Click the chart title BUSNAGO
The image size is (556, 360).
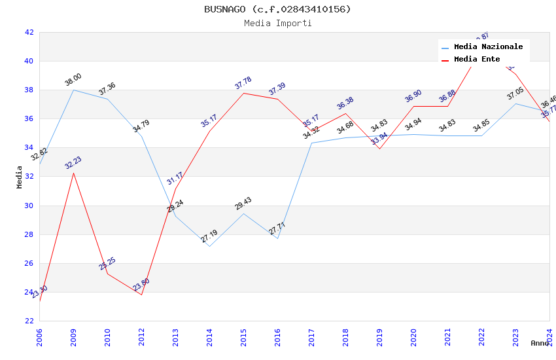pyautogui.click(x=277, y=9)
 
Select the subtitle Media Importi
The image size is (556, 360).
pyautogui.click(x=277, y=24)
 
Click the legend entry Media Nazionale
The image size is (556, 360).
pyautogui.click(x=488, y=47)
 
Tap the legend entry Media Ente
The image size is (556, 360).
pyautogui.click(x=477, y=60)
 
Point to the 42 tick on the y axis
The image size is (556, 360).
pyautogui.click(x=29, y=32)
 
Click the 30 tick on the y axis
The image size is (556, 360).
pyautogui.click(x=29, y=206)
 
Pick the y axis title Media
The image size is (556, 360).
pyautogui.click(x=20, y=177)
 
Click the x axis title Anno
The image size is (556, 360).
pyautogui.click(x=540, y=343)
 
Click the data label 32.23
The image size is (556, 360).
pyautogui.click(x=73, y=163)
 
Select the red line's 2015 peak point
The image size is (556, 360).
pyautogui.click(x=243, y=93)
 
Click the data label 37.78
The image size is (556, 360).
pyautogui.click(x=243, y=83)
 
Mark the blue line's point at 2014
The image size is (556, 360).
pyautogui.click(x=209, y=246)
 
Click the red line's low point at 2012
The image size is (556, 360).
pyautogui.click(x=141, y=295)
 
